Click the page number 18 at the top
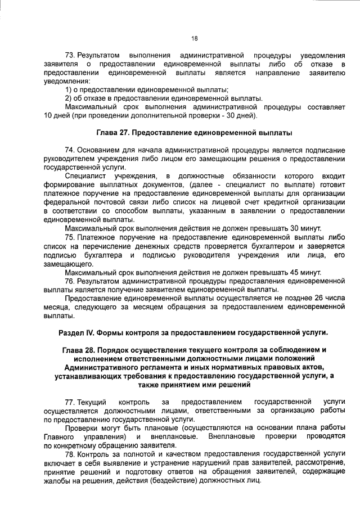(194, 38)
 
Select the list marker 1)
(69, 90)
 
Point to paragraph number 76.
(71, 281)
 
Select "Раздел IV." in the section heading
(79, 332)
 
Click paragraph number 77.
(71, 402)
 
